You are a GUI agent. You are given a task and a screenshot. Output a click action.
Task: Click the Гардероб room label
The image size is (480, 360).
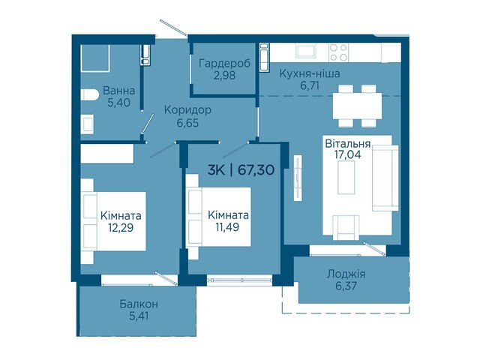tap(224, 64)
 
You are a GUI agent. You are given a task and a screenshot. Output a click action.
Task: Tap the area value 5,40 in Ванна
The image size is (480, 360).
tap(118, 103)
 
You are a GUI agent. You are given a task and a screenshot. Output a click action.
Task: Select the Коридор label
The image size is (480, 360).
tap(187, 110)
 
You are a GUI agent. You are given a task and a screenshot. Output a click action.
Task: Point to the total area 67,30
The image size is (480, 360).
tap(256, 169)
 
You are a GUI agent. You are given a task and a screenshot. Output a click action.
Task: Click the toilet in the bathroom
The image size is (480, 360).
tap(89, 94)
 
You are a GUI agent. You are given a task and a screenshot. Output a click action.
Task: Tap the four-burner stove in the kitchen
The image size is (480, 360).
tap(338, 52)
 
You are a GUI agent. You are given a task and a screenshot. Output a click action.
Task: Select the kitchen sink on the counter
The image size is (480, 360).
tap(306, 51)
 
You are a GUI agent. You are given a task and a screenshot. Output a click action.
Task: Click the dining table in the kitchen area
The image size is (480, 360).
tap(357, 106)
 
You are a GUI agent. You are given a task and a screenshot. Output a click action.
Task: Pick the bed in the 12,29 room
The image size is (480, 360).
tap(113, 221)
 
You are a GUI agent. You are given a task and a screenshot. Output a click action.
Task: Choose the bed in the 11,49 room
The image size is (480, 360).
tap(218, 217)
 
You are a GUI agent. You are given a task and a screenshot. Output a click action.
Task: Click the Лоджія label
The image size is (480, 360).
tap(346, 274)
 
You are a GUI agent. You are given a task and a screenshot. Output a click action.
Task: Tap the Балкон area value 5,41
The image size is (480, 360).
tap(139, 316)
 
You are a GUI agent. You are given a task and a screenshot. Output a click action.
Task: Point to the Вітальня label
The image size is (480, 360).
tap(348, 143)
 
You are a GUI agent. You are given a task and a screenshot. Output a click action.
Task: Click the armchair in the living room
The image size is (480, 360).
tap(346, 227)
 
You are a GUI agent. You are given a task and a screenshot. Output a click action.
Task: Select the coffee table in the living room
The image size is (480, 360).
tap(346, 177)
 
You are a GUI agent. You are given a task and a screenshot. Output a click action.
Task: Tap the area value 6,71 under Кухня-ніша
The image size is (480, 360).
tap(310, 85)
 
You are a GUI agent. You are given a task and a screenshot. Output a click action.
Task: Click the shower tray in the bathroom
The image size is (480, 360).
tap(95, 58)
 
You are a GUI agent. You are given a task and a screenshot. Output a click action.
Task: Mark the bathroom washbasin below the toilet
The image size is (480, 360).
tap(87, 124)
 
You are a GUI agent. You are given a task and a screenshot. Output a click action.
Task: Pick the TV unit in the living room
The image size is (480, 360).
tap(298, 178)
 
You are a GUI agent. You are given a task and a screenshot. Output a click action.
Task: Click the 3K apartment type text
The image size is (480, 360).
tap(216, 169)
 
